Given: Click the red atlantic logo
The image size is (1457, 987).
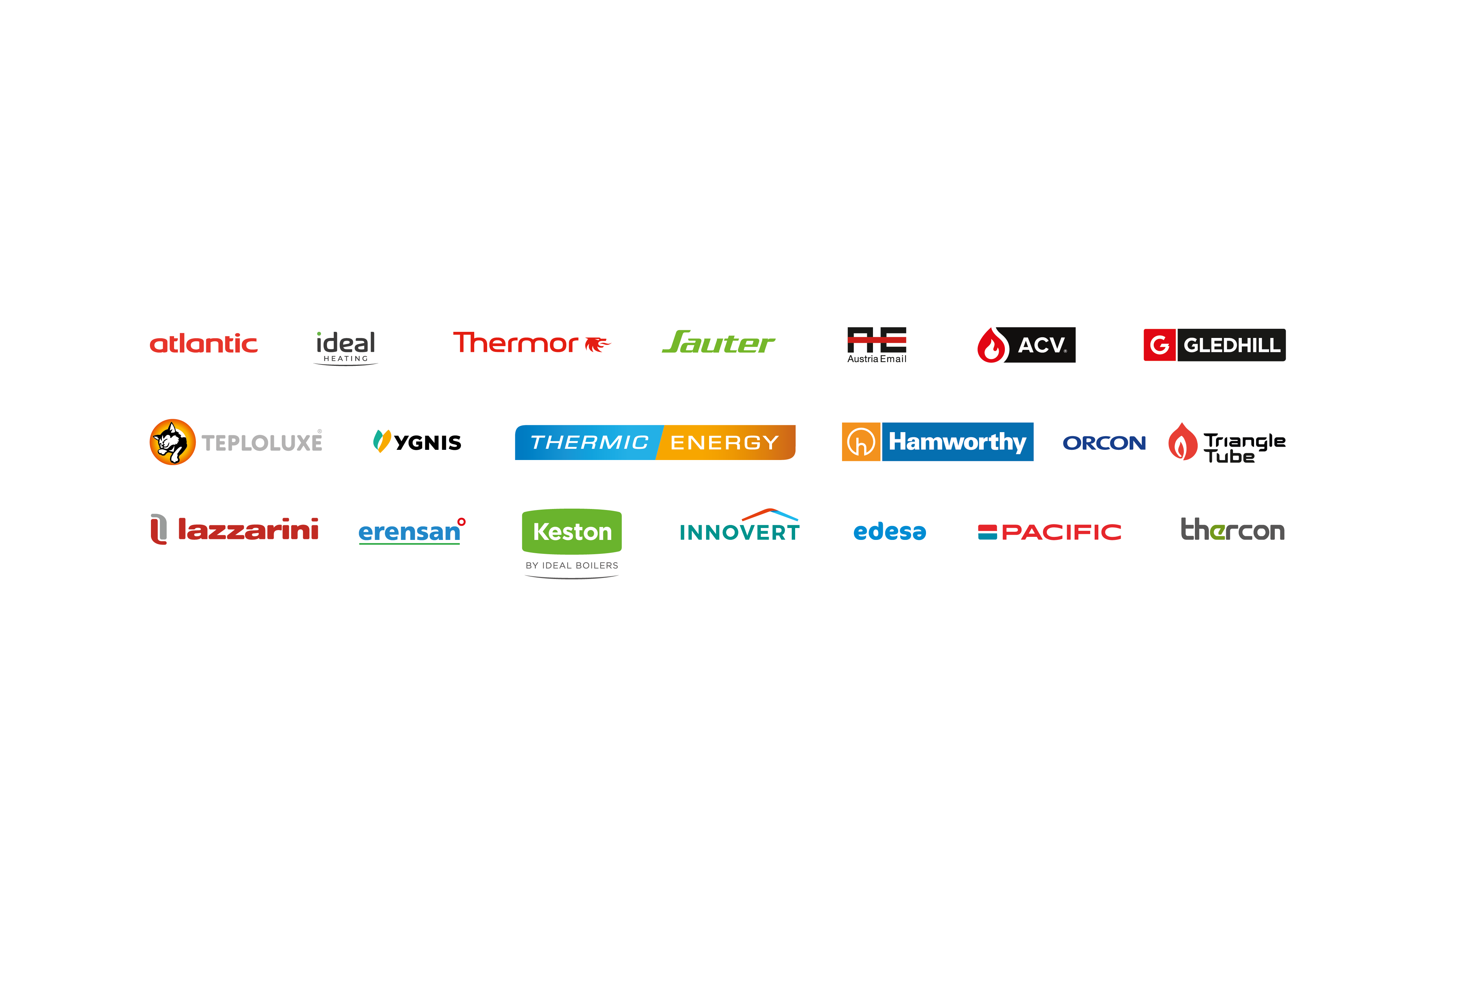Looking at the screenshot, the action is [203, 344].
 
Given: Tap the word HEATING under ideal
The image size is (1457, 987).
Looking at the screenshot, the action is [345, 359].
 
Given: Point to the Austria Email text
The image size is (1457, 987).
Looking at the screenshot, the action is [876, 359].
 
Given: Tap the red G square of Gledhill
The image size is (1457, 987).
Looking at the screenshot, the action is [1159, 345].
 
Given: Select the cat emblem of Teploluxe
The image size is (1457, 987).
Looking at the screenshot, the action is [172, 442].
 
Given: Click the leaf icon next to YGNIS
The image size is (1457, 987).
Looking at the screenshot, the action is [382, 441].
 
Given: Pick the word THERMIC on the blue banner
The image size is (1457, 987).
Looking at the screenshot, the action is [589, 443].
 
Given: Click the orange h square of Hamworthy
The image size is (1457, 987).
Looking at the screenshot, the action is [861, 442].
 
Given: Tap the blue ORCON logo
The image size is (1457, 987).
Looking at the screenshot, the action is [1104, 443].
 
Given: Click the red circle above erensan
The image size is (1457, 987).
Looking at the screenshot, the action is [461, 522].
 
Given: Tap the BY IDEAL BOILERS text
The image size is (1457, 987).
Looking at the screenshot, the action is [572, 566].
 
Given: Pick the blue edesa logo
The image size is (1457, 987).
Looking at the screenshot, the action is [890, 532].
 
